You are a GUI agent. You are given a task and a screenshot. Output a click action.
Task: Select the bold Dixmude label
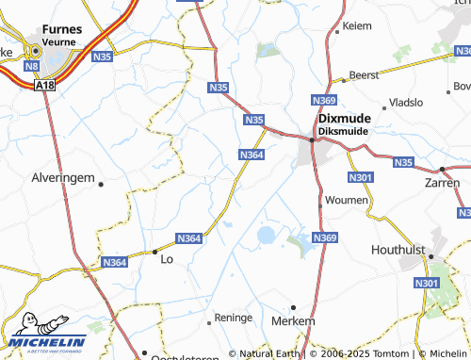click(345, 118)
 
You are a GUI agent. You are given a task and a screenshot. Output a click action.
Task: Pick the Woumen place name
click(348, 202)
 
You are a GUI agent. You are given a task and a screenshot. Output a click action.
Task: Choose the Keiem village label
click(358, 27)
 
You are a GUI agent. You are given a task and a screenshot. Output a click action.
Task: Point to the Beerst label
click(364, 74)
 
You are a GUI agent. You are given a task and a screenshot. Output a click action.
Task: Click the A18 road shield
click(43, 85)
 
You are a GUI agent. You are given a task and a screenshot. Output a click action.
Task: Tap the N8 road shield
click(32, 67)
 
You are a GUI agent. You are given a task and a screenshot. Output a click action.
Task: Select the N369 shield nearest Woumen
click(325, 237)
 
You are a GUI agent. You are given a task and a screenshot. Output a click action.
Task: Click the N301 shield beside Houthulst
click(427, 283)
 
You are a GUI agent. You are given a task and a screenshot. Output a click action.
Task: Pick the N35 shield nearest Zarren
click(403, 162)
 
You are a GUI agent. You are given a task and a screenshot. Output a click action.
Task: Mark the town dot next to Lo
click(154, 252)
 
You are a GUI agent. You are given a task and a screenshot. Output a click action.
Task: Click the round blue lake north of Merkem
click(267, 234)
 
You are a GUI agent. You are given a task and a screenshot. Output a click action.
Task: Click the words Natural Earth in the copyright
click(270, 353)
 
